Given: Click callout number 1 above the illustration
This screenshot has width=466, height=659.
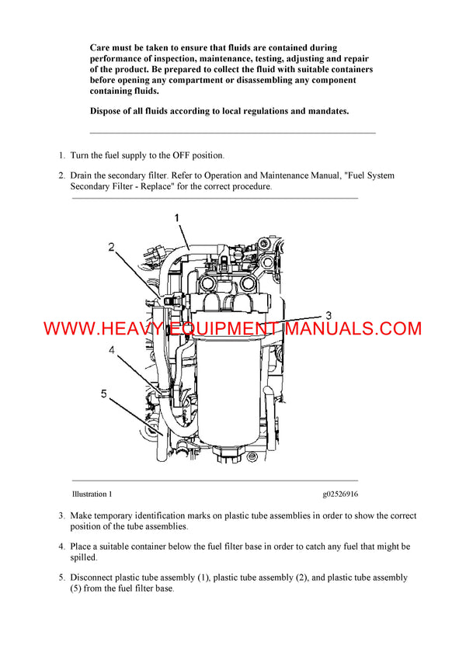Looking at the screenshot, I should tap(177, 219).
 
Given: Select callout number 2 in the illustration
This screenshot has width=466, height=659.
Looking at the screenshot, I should tap(111, 248).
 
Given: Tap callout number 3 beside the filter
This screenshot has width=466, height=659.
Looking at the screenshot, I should tap(329, 315).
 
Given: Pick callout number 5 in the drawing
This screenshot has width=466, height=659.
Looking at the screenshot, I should tap(103, 394).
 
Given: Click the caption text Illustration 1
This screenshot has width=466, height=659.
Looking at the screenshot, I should tap(92, 494).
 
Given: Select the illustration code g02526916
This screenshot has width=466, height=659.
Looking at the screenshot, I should tap(340, 494).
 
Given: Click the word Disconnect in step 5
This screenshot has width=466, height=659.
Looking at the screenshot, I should tap(95, 577).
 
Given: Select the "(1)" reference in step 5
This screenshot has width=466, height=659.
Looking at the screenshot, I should tap(200, 577).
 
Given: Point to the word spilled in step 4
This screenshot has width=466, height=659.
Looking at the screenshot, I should tap(83, 557).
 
